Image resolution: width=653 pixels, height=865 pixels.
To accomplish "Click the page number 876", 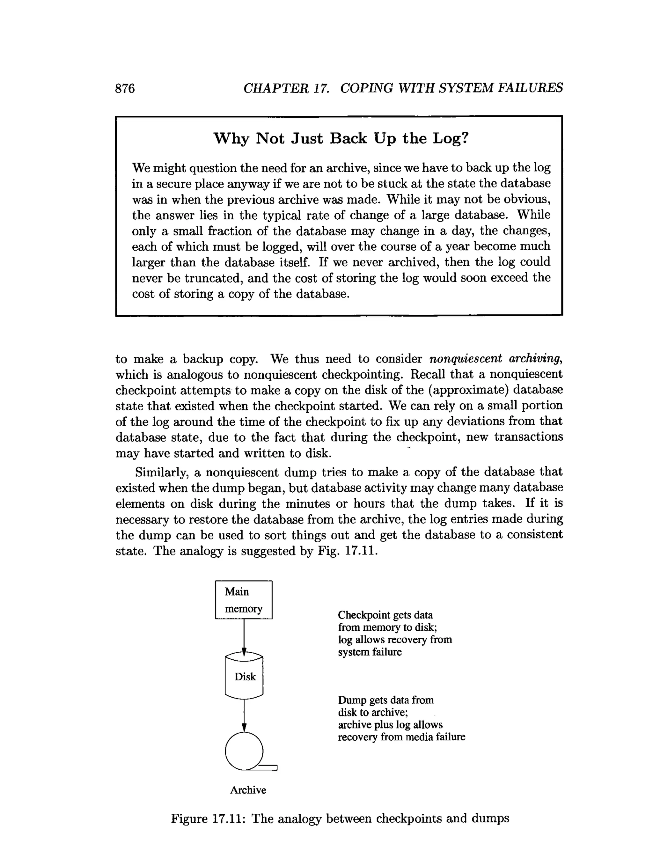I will click(x=125, y=88).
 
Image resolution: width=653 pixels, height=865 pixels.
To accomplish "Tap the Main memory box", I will click(x=244, y=600).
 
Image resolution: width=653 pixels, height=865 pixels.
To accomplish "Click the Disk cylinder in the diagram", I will click(x=244, y=677).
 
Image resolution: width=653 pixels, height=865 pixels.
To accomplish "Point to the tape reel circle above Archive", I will click(x=244, y=751).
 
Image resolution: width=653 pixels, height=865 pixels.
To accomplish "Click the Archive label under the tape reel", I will click(x=248, y=790).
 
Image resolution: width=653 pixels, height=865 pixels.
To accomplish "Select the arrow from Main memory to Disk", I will click(x=244, y=637).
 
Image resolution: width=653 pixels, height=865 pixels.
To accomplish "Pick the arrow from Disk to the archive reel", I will click(x=244, y=715).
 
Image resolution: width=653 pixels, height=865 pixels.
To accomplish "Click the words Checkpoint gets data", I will click(x=385, y=615).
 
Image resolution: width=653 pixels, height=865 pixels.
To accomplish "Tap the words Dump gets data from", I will click(x=385, y=700).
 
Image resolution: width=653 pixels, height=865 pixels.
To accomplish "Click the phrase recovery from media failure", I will click(x=401, y=737).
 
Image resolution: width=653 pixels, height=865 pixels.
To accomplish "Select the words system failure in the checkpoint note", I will click(x=370, y=652).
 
